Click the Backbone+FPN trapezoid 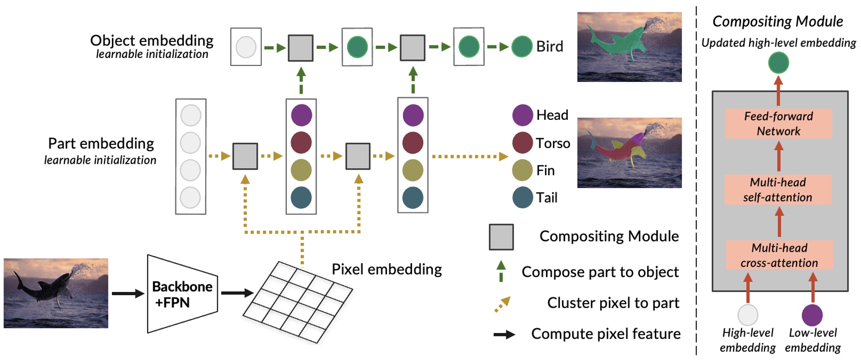tap(182, 294)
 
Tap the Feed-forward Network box tap(778, 123)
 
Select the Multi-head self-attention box tap(778, 189)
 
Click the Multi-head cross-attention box tap(779, 255)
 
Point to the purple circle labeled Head tap(522, 115)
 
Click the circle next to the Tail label tap(522, 197)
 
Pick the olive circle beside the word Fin tap(522, 170)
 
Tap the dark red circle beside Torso tap(522, 143)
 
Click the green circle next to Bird tap(522, 46)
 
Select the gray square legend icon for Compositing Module tap(501, 237)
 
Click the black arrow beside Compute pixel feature tap(504, 335)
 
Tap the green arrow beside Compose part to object tap(501, 271)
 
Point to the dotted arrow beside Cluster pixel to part tap(502, 304)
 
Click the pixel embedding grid tap(298, 302)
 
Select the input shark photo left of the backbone tap(56, 293)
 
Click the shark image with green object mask tap(629, 47)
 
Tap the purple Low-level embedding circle tap(812, 315)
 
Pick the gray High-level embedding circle tap(748, 315)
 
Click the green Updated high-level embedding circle tap(778, 63)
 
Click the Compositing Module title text tap(778, 21)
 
